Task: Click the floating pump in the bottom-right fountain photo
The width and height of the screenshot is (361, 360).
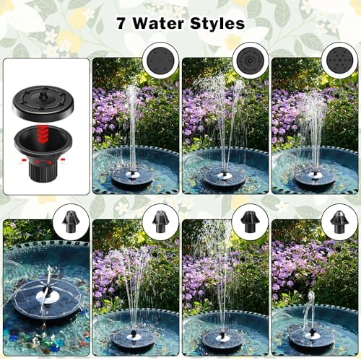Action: (311, 338)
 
